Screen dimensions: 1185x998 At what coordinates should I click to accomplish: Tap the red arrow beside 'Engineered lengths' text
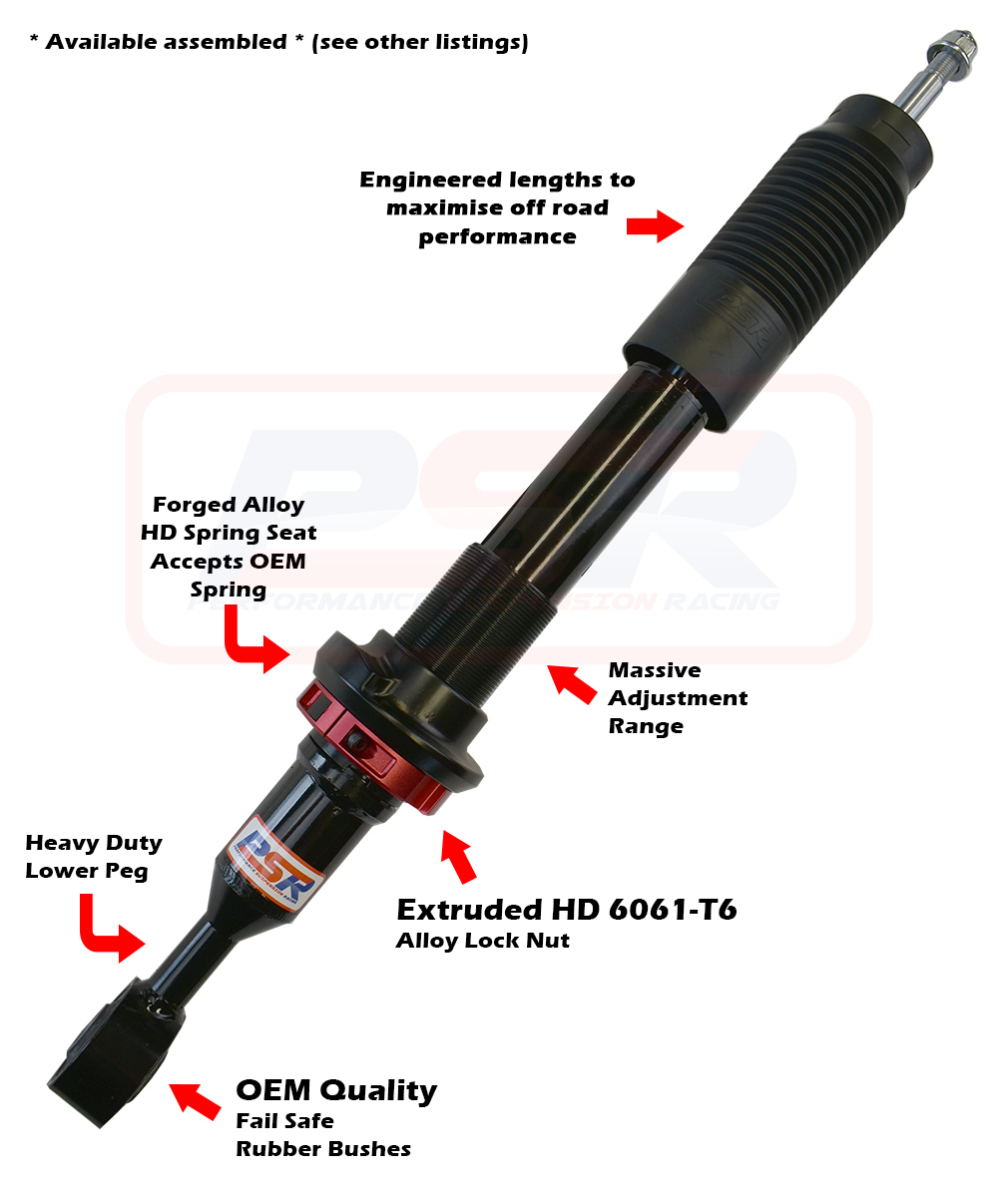[x=654, y=225]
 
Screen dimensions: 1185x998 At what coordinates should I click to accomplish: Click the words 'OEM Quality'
[x=335, y=1090]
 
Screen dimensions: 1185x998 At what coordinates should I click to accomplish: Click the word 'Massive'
[x=655, y=670]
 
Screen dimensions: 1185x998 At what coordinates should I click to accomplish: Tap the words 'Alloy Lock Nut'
[x=483, y=941]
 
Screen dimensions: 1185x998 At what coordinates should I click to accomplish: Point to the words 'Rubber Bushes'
[x=323, y=1149]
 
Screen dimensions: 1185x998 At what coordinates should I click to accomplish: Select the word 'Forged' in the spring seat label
[x=190, y=505]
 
